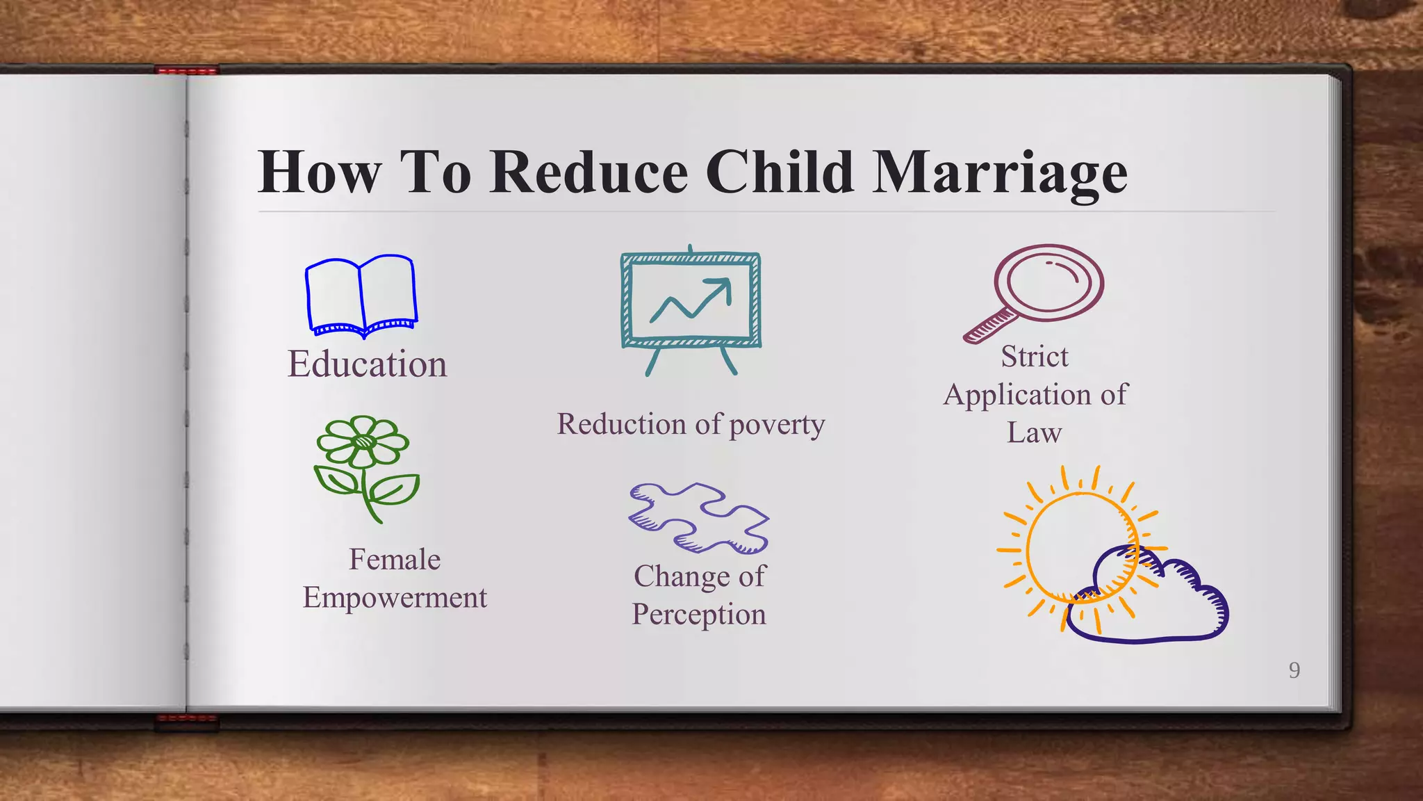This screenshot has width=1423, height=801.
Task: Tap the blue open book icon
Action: tap(361, 296)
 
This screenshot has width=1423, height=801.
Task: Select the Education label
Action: tap(367, 364)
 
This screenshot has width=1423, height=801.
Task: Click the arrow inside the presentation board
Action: tap(691, 300)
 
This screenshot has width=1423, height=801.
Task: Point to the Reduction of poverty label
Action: tap(691, 424)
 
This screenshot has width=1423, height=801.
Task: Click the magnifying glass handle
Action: tap(990, 326)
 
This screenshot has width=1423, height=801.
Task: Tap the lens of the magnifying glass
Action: tap(1049, 282)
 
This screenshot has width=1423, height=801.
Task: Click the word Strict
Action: tap(1034, 357)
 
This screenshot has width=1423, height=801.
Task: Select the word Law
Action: tap(1034, 432)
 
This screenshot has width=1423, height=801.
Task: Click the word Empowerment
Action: tap(395, 597)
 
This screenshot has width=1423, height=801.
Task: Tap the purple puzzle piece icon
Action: tap(698, 518)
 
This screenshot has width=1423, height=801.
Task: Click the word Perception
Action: tap(698, 614)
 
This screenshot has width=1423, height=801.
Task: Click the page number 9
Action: tap(1294, 670)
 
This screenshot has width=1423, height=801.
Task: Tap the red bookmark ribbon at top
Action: tap(186, 70)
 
